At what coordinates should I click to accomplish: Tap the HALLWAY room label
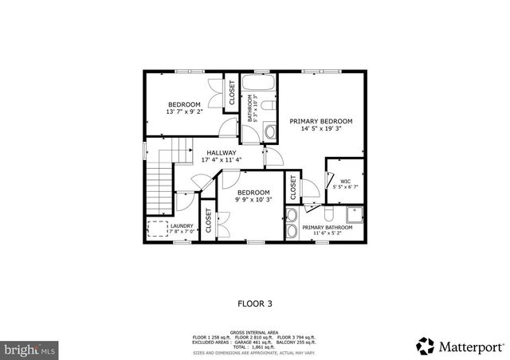coord(221,152)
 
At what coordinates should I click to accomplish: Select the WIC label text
coord(345,182)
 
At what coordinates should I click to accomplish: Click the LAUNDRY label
coord(182,225)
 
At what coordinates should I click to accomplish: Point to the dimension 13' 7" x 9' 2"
coord(183,112)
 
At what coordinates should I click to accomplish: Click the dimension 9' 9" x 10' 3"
coord(253,201)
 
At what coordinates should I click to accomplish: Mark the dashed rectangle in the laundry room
coord(157,229)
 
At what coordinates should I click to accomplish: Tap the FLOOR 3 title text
coord(254,303)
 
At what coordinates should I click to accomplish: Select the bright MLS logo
coord(29,349)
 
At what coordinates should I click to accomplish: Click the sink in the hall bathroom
coord(269,131)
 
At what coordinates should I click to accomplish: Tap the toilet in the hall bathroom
coord(267,104)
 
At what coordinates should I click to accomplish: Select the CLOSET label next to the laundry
coord(209,223)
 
